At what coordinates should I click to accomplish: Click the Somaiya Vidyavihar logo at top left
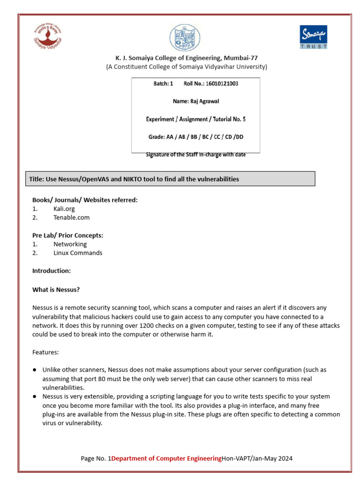(x=47, y=36)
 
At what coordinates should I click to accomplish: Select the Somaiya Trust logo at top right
(x=313, y=37)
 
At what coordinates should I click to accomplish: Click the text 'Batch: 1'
(x=163, y=83)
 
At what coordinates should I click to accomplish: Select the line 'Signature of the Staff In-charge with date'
(x=195, y=155)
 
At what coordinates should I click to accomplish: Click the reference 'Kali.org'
(x=64, y=209)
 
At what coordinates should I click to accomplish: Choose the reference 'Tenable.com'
(x=71, y=217)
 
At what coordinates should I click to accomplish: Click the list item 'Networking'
(x=70, y=244)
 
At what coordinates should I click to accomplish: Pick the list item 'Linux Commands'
(x=77, y=253)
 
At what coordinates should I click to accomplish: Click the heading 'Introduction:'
(x=51, y=271)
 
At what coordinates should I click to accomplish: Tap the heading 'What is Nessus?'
(x=56, y=290)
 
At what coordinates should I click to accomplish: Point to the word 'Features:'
(x=45, y=352)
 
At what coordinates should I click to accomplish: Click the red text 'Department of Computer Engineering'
(x=166, y=458)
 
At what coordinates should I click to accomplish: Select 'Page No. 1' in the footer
(x=96, y=458)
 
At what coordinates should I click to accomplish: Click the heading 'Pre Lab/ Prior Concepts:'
(x=67, y=235)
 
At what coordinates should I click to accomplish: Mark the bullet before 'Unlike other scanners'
(x=35, y=370)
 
